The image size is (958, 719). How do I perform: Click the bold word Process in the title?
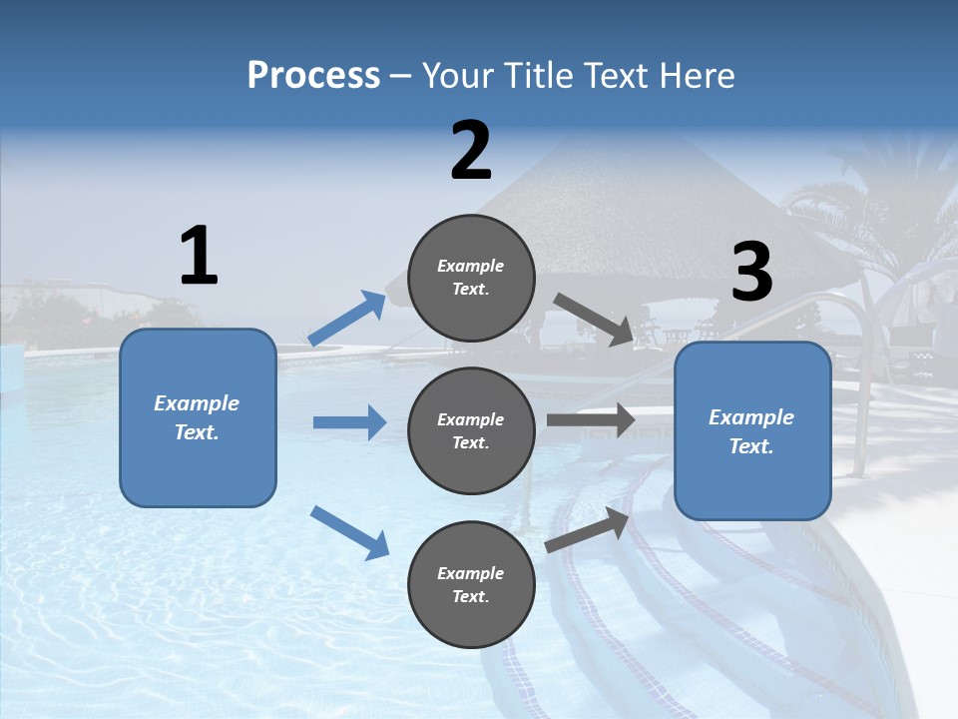(313, 76)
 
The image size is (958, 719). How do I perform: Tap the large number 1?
(199, 257)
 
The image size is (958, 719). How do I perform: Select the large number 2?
(471, 151)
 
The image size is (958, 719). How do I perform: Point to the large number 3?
(752, 273)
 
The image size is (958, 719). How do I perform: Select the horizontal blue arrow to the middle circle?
(349, 422)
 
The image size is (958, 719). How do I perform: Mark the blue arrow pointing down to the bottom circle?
(349, 532)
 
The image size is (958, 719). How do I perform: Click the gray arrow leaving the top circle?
(594, 320)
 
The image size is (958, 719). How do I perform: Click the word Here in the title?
(697, 76)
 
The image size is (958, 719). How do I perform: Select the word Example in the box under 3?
(751, 417)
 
